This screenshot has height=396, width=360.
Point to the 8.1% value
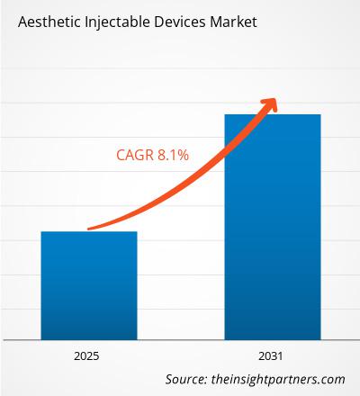click(x=173, y=156)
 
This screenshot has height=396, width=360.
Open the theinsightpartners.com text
click(x=282, y=379)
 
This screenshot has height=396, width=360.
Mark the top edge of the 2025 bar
click(x=88, y=232)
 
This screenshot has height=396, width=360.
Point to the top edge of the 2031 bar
click(x=272, y=114)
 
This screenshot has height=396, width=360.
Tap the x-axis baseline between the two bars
click(x=180, y=339)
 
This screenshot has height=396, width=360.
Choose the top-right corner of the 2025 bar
click(x=137, y=232)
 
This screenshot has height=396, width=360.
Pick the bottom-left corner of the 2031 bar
click(x=223, y=338)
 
